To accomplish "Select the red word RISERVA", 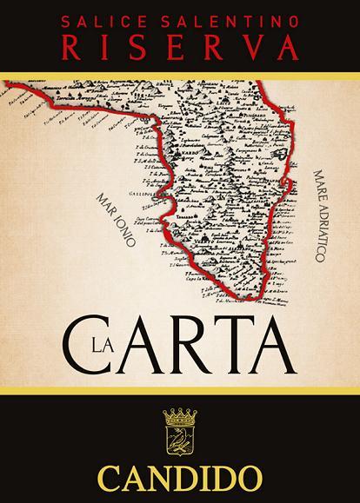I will click(180, 42).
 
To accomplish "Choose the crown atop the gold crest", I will click(180, 418).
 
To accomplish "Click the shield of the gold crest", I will click(180, 442).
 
